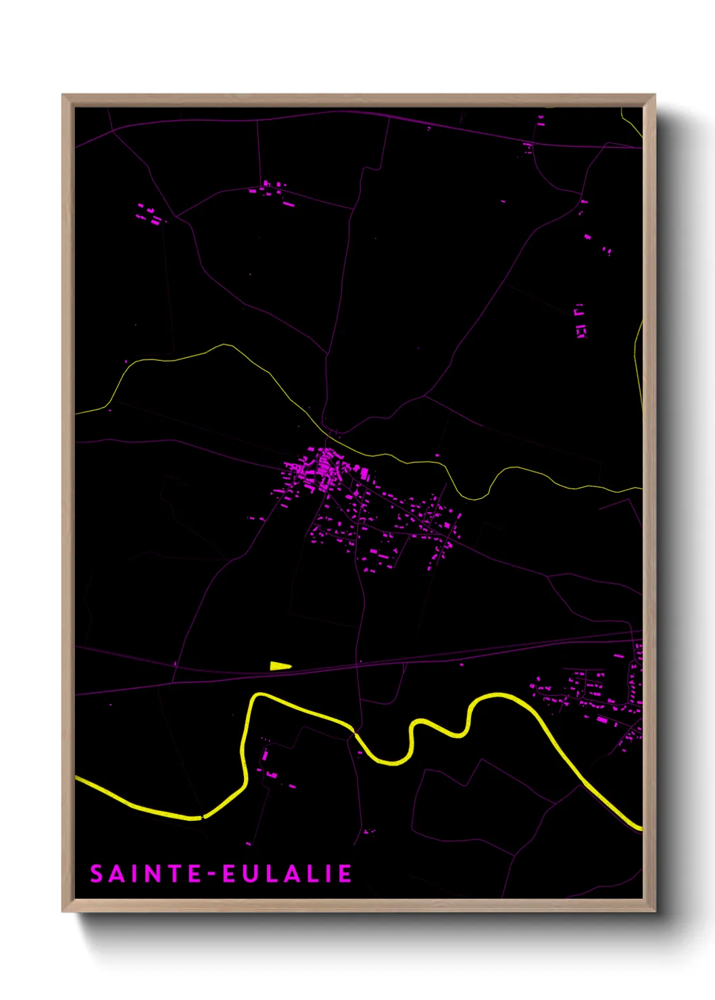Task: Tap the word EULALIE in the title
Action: point(287,874)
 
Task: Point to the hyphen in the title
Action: point(212,874)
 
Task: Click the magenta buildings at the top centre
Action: point(273,189)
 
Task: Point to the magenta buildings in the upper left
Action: point(149,215)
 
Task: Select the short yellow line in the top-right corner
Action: point(631,125)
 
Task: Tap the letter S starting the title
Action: point(97,874)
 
